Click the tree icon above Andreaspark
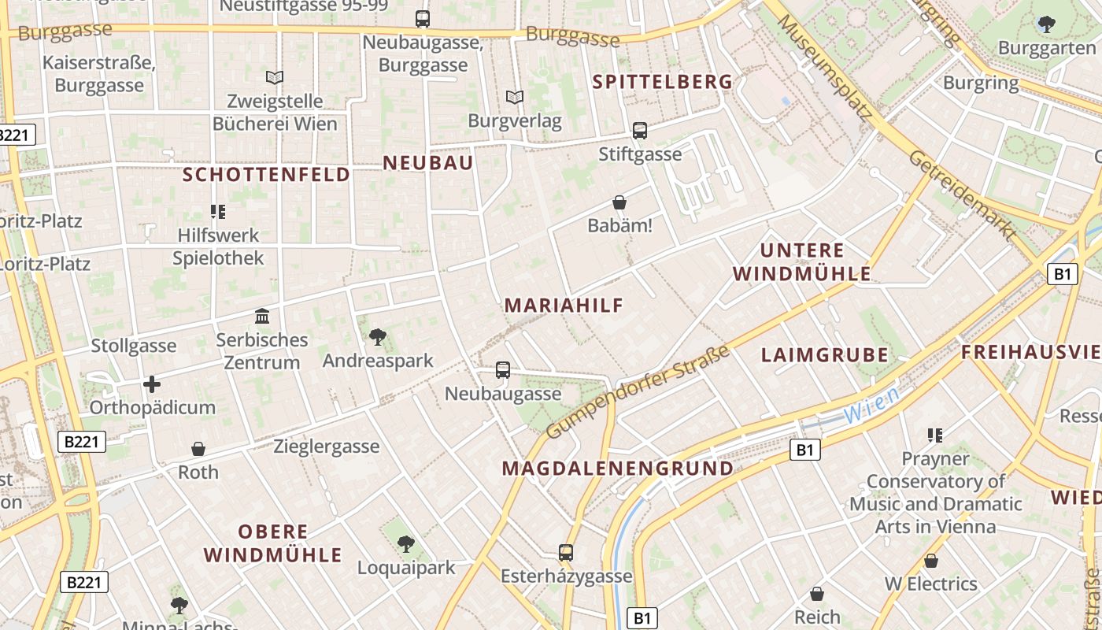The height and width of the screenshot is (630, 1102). pos(378,337)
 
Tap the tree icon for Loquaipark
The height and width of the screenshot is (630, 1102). pos(406,543)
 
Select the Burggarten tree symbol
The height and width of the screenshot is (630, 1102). pos(1046,24)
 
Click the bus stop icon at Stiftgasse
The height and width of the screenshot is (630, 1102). pos(639,131)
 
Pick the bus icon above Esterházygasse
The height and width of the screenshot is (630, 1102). pos(566,552)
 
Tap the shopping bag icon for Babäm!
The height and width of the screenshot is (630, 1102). pos(619,202)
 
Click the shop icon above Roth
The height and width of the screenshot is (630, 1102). pos(198,449)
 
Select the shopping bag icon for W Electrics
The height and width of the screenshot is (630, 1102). pos(931,561)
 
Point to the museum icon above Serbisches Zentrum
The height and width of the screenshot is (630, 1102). pos(262,317)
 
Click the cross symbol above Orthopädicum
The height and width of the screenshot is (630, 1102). pos(152,384)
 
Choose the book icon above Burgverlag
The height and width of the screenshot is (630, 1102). pos(515,98)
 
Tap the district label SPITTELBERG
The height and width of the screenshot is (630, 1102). pos(662,82)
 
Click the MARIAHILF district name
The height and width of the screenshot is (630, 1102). pos(564,306)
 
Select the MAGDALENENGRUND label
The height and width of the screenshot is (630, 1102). pos(617,469)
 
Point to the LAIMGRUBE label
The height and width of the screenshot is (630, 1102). pos(824,354)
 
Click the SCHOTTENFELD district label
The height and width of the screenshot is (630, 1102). pos(266,175)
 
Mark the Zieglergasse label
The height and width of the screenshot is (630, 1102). pos(326,447)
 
